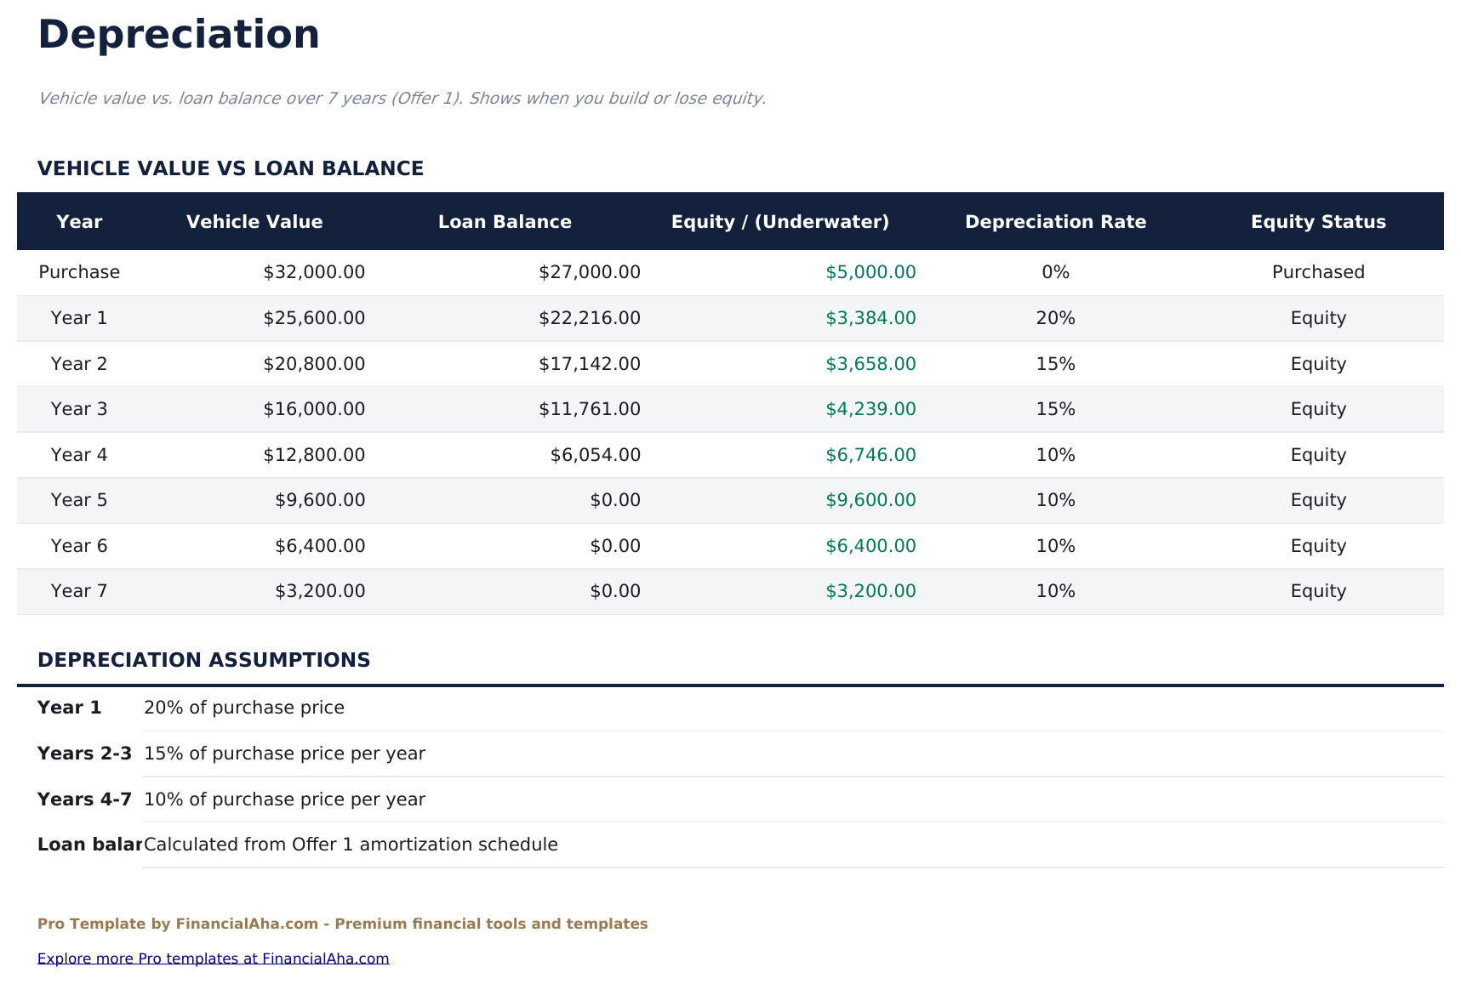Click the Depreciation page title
click(x=179, y=36)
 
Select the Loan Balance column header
click(x=505, y=222)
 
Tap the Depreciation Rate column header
click(x=1055, y=222)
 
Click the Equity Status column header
click(x=1317, y=222)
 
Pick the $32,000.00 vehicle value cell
click(x=314, y=272)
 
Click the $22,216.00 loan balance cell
click(x=589, y=318)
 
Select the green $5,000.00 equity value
click(x=870, y=272)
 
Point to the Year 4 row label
click(x=79, y=455)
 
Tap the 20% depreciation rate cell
click(x=1055, y=318)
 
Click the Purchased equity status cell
click(x=1317, y=272)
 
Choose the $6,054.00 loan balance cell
click(x=595, y=455)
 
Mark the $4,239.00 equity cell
click(x=870, y=409)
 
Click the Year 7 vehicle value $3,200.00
click(x=320, y=591)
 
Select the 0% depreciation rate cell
click(x=1055, y=272)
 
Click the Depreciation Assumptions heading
click(x=203, y=660)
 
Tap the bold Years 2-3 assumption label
click(x=84, y=754)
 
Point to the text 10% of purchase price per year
click(x=284, y=799)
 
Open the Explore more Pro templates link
click(x=213, y=958)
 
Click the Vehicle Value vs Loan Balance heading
click(x=231, y=168)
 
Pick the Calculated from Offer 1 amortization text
click(x=351, y=845)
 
